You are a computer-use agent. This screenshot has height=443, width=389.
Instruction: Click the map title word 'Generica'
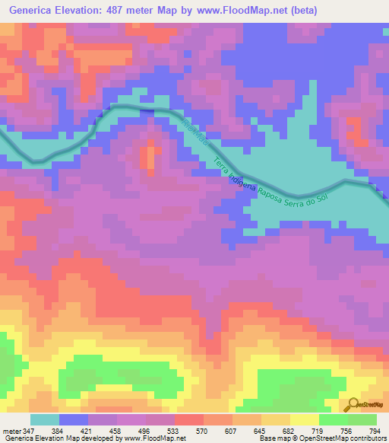(x=36, y=10)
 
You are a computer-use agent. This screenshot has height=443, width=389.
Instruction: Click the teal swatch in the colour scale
(x=45, y=419)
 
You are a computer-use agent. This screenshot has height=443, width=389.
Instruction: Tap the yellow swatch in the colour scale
(x=305, y=419)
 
